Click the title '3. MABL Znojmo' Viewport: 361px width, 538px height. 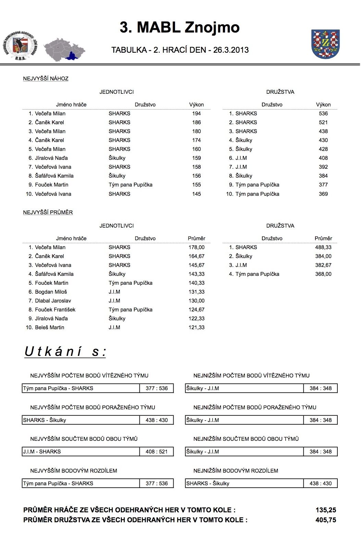click(179, 27)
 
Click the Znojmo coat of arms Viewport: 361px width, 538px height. click(325, 44)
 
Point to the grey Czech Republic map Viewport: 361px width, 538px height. click(64, 50)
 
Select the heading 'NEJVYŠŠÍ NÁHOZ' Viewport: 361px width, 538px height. click(46, 79)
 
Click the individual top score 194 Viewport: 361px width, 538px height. click(196, 114)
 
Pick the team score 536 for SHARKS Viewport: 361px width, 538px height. click(323, 114)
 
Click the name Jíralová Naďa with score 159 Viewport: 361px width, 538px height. click(51, 158)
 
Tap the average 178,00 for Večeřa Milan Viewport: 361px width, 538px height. click(196, 247)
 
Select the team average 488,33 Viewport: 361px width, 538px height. click(323, 247)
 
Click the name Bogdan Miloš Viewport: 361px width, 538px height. click(51, 292)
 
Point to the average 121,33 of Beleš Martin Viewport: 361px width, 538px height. click(196, 328)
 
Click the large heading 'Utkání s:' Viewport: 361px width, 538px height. click(65, 352)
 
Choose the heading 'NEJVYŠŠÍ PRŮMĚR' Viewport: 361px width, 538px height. click(48, 213)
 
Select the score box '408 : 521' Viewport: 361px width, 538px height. click(157, 452)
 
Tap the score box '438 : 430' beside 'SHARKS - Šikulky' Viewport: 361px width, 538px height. click(157, 420)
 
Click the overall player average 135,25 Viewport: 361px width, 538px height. click(325, 510)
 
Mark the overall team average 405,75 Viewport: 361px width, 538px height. click(325, 520)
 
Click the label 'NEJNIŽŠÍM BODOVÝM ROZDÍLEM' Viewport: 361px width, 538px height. click(236, 471)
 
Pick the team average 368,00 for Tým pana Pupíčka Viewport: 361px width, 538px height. click(323, 274)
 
